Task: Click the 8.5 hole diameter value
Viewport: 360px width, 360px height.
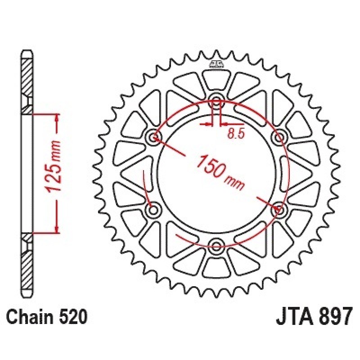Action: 235,134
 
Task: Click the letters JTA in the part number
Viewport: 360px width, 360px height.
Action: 292,316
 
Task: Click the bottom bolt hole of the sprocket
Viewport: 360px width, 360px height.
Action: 216,246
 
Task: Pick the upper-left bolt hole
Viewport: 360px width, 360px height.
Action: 153,138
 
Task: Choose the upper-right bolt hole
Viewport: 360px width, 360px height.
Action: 279,138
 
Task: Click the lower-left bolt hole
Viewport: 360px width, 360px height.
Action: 153,210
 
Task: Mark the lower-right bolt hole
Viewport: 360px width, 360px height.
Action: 279,210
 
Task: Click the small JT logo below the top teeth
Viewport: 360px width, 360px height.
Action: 216,64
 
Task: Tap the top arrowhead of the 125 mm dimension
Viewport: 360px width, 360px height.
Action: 57,117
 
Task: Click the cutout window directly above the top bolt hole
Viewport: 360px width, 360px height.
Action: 216,80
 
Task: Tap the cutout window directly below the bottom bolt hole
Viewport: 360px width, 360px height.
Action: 216,267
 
